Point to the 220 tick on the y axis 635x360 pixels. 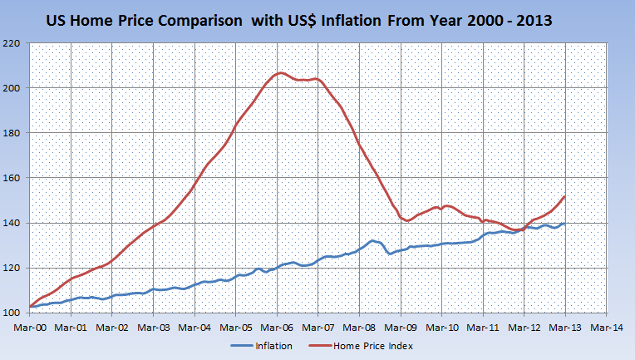click(x=13, y=42)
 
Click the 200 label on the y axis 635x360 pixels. click(x=13, y=87)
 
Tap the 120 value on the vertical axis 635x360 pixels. click(x=13, y=268)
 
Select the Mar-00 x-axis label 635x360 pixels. click(x=30, y=327)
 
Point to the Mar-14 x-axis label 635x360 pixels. click(x=605, y=327)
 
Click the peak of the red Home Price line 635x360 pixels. click(x=281, y=73)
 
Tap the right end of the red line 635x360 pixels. click(x=564, y=197)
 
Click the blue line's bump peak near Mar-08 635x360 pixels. click(x=372, y=240)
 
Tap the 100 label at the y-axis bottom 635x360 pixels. click(x=13, y=313)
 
